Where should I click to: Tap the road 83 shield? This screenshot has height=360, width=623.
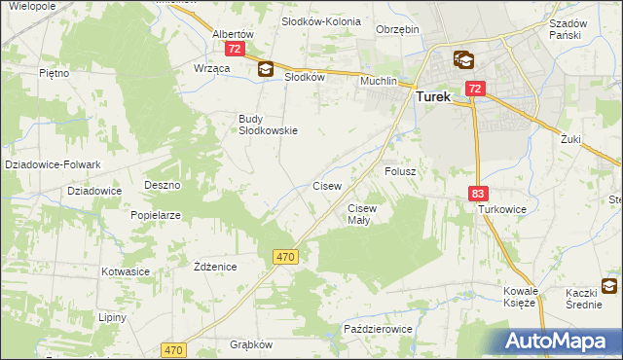[x=477, y=195]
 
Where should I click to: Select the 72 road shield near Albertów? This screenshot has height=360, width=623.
[x=234, y=48]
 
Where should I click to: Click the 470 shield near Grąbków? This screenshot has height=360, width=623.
[x=174, y=349]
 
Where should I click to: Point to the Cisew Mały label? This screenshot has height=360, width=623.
[x=361, y=214]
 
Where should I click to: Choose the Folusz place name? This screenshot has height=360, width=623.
[x=400, y=171]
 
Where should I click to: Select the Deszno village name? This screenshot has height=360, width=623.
[x=163, y=184]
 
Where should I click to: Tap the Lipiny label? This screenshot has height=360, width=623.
[x=113, y=317]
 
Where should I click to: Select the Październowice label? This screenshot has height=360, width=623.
[x=379, y=330]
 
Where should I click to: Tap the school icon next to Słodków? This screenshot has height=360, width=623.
[x=266, y=69]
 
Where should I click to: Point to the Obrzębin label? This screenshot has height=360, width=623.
[x=397, y=29]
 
